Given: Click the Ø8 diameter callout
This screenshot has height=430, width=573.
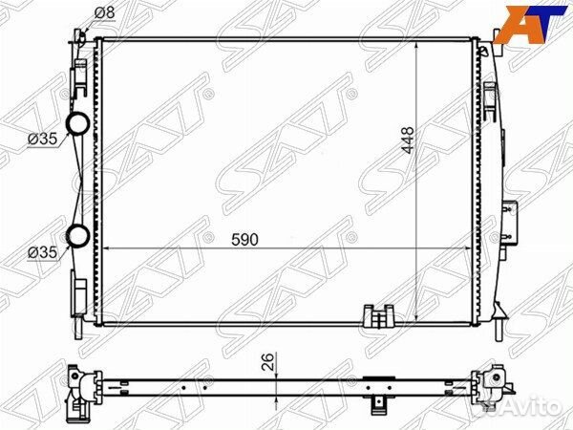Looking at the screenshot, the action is point(104,13).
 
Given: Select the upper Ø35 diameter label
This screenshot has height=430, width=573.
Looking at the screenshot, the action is point(43,139).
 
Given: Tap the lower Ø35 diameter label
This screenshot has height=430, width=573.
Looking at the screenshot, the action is point(43,252).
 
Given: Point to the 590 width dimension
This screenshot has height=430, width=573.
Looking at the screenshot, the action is point(244,240).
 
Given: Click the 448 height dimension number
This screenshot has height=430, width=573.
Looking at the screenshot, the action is point(407,140).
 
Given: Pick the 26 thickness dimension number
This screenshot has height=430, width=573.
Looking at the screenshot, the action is point(267,362).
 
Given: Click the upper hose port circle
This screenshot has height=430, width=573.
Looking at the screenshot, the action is point(78,123).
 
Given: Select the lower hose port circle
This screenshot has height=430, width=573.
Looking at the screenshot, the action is point(78,235).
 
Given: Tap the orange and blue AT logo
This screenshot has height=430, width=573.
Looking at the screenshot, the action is point(533,24).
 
